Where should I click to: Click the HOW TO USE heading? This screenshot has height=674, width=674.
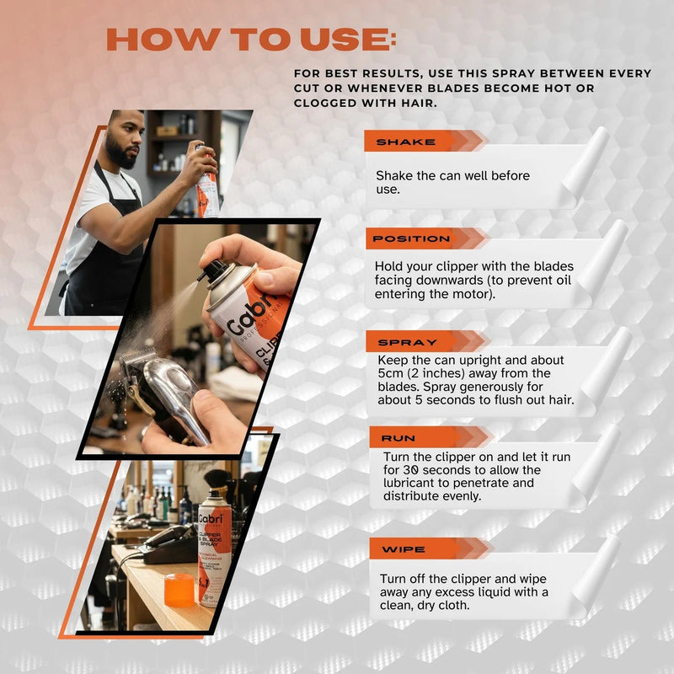(x=251, y=40)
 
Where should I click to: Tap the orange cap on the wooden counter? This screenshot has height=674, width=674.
(x=179, y=590)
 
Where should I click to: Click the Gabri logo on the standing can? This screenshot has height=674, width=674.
(x=211, y=519)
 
